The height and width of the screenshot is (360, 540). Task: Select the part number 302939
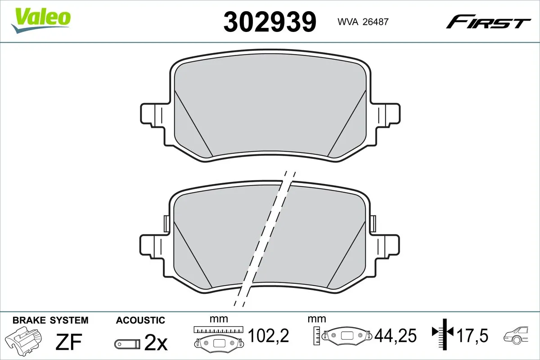(x=270, y=21)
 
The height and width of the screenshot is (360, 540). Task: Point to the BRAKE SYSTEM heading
(x=50, y=320)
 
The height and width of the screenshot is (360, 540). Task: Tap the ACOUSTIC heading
(x=140, y=320)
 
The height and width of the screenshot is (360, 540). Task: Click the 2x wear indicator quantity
(x=156, y=344)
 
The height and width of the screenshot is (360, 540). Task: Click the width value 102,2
(x=268, y=335)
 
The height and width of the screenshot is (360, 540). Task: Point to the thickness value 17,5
(x=473, y=335)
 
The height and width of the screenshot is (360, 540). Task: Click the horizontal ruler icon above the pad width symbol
(x=218, y=330)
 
